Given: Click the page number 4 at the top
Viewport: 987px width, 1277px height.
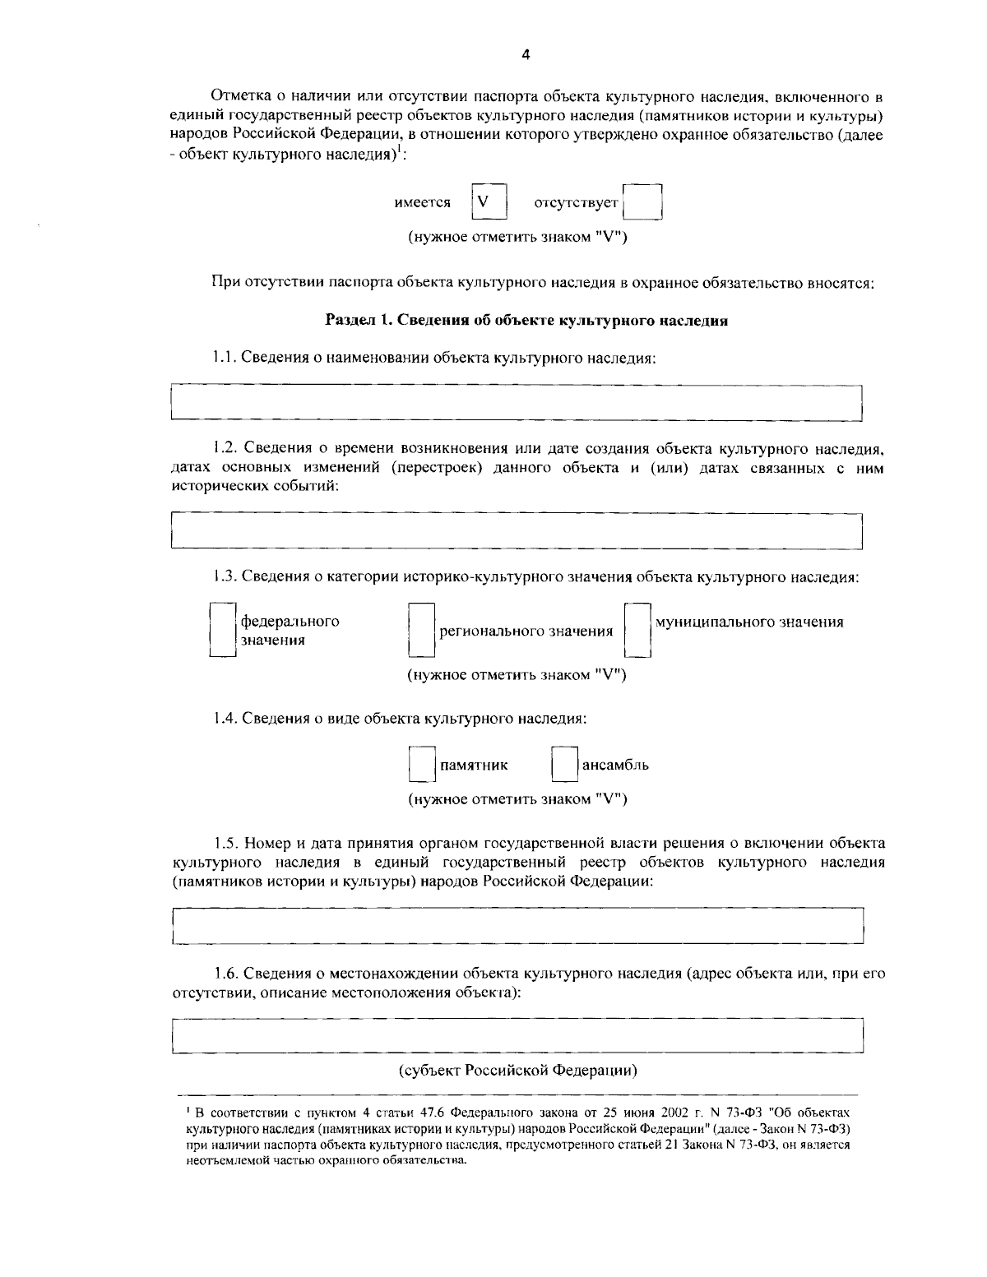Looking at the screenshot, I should point(526,55).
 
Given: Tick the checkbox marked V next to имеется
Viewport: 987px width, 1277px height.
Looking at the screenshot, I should point(489,201).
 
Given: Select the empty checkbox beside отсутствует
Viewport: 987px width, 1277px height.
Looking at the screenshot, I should point(642,201).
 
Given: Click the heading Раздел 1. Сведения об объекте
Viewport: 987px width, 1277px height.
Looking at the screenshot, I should point(526,321).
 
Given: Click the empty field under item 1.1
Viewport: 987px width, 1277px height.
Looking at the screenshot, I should point(516,403).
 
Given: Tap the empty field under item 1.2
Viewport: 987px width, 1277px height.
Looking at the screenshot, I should point(516,530).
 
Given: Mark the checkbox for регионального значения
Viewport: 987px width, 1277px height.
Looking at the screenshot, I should point(421,631).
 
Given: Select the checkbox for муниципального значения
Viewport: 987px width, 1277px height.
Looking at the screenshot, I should point(637,631).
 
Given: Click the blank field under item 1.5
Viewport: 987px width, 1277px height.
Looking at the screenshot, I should point(517,925).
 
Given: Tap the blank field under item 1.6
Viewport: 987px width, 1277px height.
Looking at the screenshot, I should point(517,1035).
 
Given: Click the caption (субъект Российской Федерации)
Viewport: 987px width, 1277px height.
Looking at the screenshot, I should point(518,1071).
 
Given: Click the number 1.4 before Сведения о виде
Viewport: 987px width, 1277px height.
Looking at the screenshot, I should point(224,718).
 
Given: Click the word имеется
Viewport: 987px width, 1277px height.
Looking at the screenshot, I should point(422,202).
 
